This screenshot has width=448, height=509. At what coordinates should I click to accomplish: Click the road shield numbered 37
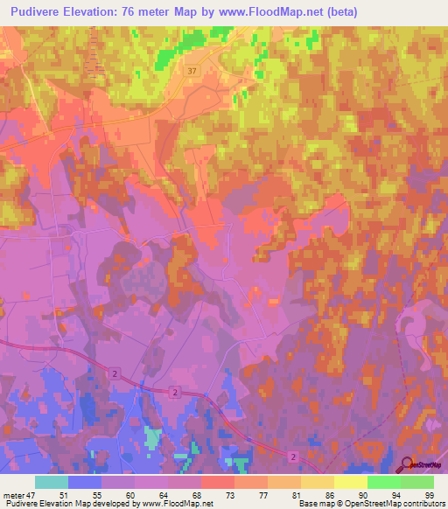pyautogui.click(x=192, y=69)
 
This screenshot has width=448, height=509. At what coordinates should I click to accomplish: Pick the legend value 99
pyautogui.click(x=429, y=494)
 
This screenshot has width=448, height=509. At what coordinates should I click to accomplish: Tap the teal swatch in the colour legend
pyautogui.click(x=52, y=482)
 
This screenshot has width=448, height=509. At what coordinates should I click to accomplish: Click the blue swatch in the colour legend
pyautogui.click(x=85, y=482)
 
